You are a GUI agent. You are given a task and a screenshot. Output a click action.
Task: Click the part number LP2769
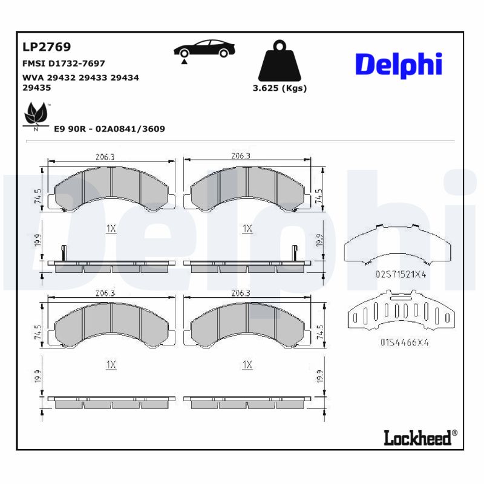47,47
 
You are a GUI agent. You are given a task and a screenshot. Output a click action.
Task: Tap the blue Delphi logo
398,65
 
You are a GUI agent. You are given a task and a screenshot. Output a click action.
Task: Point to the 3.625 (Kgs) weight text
280,88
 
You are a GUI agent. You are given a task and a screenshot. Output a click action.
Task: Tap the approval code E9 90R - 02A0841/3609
110,129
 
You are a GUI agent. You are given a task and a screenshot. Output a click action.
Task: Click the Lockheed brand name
417,437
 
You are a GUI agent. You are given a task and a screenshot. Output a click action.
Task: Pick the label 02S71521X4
401,274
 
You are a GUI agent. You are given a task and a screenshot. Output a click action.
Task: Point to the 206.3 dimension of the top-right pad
241,156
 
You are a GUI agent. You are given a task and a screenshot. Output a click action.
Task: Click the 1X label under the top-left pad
111,228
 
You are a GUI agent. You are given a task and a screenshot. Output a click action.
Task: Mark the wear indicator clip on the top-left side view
63,253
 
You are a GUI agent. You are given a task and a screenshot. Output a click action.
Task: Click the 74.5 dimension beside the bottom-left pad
38,334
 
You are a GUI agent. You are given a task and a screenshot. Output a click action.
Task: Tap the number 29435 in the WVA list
36,87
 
